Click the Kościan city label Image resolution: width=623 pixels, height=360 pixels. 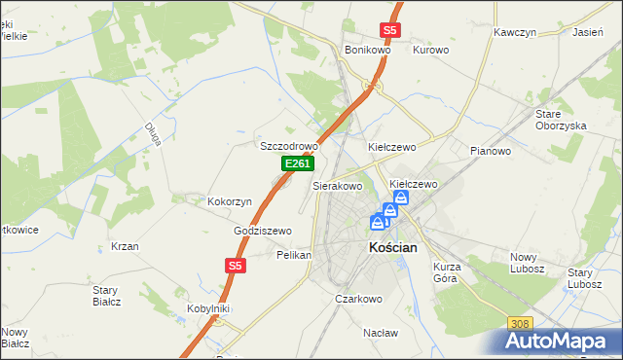(x=393, y=248)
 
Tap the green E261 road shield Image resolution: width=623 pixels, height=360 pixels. (x=297, y=165)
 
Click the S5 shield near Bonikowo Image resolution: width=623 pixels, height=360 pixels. (x=389, y=30)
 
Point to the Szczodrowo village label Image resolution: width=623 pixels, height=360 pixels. (x=289, y=146)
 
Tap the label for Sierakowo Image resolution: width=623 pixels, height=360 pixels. (x=338, y=185)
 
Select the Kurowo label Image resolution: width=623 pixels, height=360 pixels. (x=430, y=50)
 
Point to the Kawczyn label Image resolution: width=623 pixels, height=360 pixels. (x=515, y=32)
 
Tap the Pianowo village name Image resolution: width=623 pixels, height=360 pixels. (x=491, y=151)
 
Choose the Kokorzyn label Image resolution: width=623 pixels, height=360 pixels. (x=230, y=201)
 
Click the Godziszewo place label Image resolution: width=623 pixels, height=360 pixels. (x=263, y=231)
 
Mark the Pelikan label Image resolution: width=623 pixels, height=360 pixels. (x=294, y=255)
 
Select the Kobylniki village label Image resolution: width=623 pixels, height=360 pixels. (x=207, y=308)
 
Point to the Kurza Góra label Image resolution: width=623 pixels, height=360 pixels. (x=447, y=271)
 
